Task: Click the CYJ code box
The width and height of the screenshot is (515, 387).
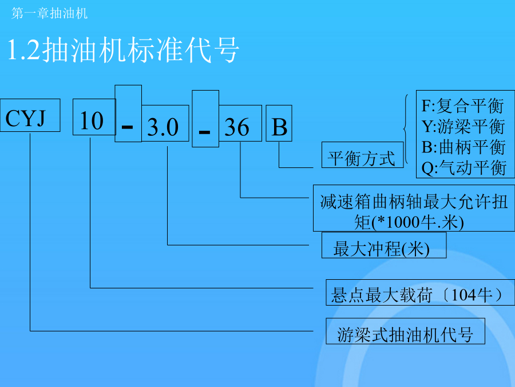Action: tap(30, 115)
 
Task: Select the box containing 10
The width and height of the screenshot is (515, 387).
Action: tap(94, 117)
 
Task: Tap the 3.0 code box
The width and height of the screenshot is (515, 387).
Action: tap(165, 123)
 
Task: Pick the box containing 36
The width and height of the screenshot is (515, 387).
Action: tap(240, 123)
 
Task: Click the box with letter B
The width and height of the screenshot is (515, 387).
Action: tap(279, 123)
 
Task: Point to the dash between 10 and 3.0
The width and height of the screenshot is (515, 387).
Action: tap(127, 126)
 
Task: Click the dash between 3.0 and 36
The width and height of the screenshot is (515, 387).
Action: tap(204, 132)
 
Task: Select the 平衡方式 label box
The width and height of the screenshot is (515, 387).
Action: tap(363, 155)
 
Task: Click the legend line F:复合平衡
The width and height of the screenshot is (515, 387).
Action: tap(463, 106)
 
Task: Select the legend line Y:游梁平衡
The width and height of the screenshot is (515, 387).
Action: tap(463, 127)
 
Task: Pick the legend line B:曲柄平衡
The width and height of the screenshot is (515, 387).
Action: tap(463, 147)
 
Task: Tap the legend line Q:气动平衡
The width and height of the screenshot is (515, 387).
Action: tap(463, 168)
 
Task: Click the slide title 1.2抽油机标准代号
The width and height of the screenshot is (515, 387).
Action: tap(123, 50)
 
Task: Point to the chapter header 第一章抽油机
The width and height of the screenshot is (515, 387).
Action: tap(50, 14)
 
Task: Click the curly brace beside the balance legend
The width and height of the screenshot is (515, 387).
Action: tap(406, 129)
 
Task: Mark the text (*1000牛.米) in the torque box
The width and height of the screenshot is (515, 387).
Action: tap(418, 222)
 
